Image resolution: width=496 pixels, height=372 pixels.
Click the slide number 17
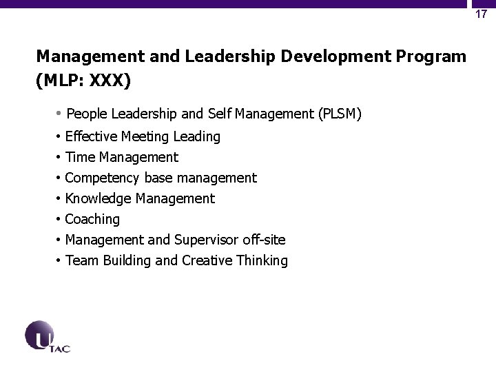(x=482, y=14)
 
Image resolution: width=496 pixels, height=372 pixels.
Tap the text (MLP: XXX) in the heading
(x=82, y=81)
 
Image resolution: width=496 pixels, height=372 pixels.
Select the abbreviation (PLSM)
(x=337, y=114)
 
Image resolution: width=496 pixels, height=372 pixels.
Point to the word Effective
(x=92, y=136)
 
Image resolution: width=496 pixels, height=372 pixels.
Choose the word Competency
(x=102, y=178)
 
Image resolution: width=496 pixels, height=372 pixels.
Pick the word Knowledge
(x=98, y=198)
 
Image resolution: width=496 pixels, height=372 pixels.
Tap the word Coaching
(x=92, y=219)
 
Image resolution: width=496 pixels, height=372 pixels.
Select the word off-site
(x=265, y=240)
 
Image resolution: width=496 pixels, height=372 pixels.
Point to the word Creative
(x=208, y=260)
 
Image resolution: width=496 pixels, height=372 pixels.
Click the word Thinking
(x=262, y=260)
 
